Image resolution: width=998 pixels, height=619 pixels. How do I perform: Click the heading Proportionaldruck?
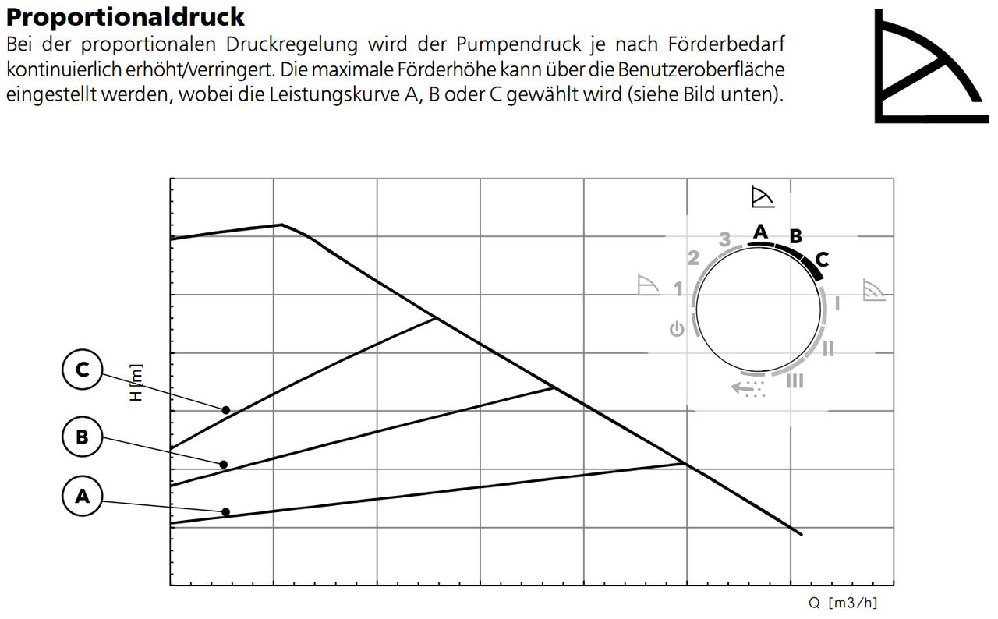(x=126, y=17)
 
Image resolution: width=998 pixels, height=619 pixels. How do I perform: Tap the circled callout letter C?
(x=82, y=370)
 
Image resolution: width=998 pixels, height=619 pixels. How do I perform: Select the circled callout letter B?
(x=82, y=437)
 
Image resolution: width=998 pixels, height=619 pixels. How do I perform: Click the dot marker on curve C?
(x=226, y=410)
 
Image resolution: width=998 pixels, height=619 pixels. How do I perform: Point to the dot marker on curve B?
(x=224, y=465)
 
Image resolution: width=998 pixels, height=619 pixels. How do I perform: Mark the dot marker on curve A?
(x=226, y=512)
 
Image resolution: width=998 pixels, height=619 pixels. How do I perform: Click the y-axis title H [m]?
(x=136, y=383)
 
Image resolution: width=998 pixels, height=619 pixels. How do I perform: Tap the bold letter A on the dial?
(x=761, y=231)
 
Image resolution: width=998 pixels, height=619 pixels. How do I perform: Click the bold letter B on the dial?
(x=795, y=235)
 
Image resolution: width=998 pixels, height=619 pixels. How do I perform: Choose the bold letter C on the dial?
(x=822, y=259)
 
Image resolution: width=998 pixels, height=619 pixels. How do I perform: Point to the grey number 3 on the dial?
(x=725, y=239)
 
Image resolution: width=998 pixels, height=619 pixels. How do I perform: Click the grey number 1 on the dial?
(x=678, y=289)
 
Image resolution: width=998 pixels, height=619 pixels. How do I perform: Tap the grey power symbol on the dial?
(x=677, y=329)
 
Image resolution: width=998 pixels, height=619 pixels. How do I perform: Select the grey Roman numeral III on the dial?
(x=795, y=380)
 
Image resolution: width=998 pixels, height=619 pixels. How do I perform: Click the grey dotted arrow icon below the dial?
(x=748, y=388)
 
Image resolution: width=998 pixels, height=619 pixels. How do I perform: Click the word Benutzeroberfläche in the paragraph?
(x=702, y=69)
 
